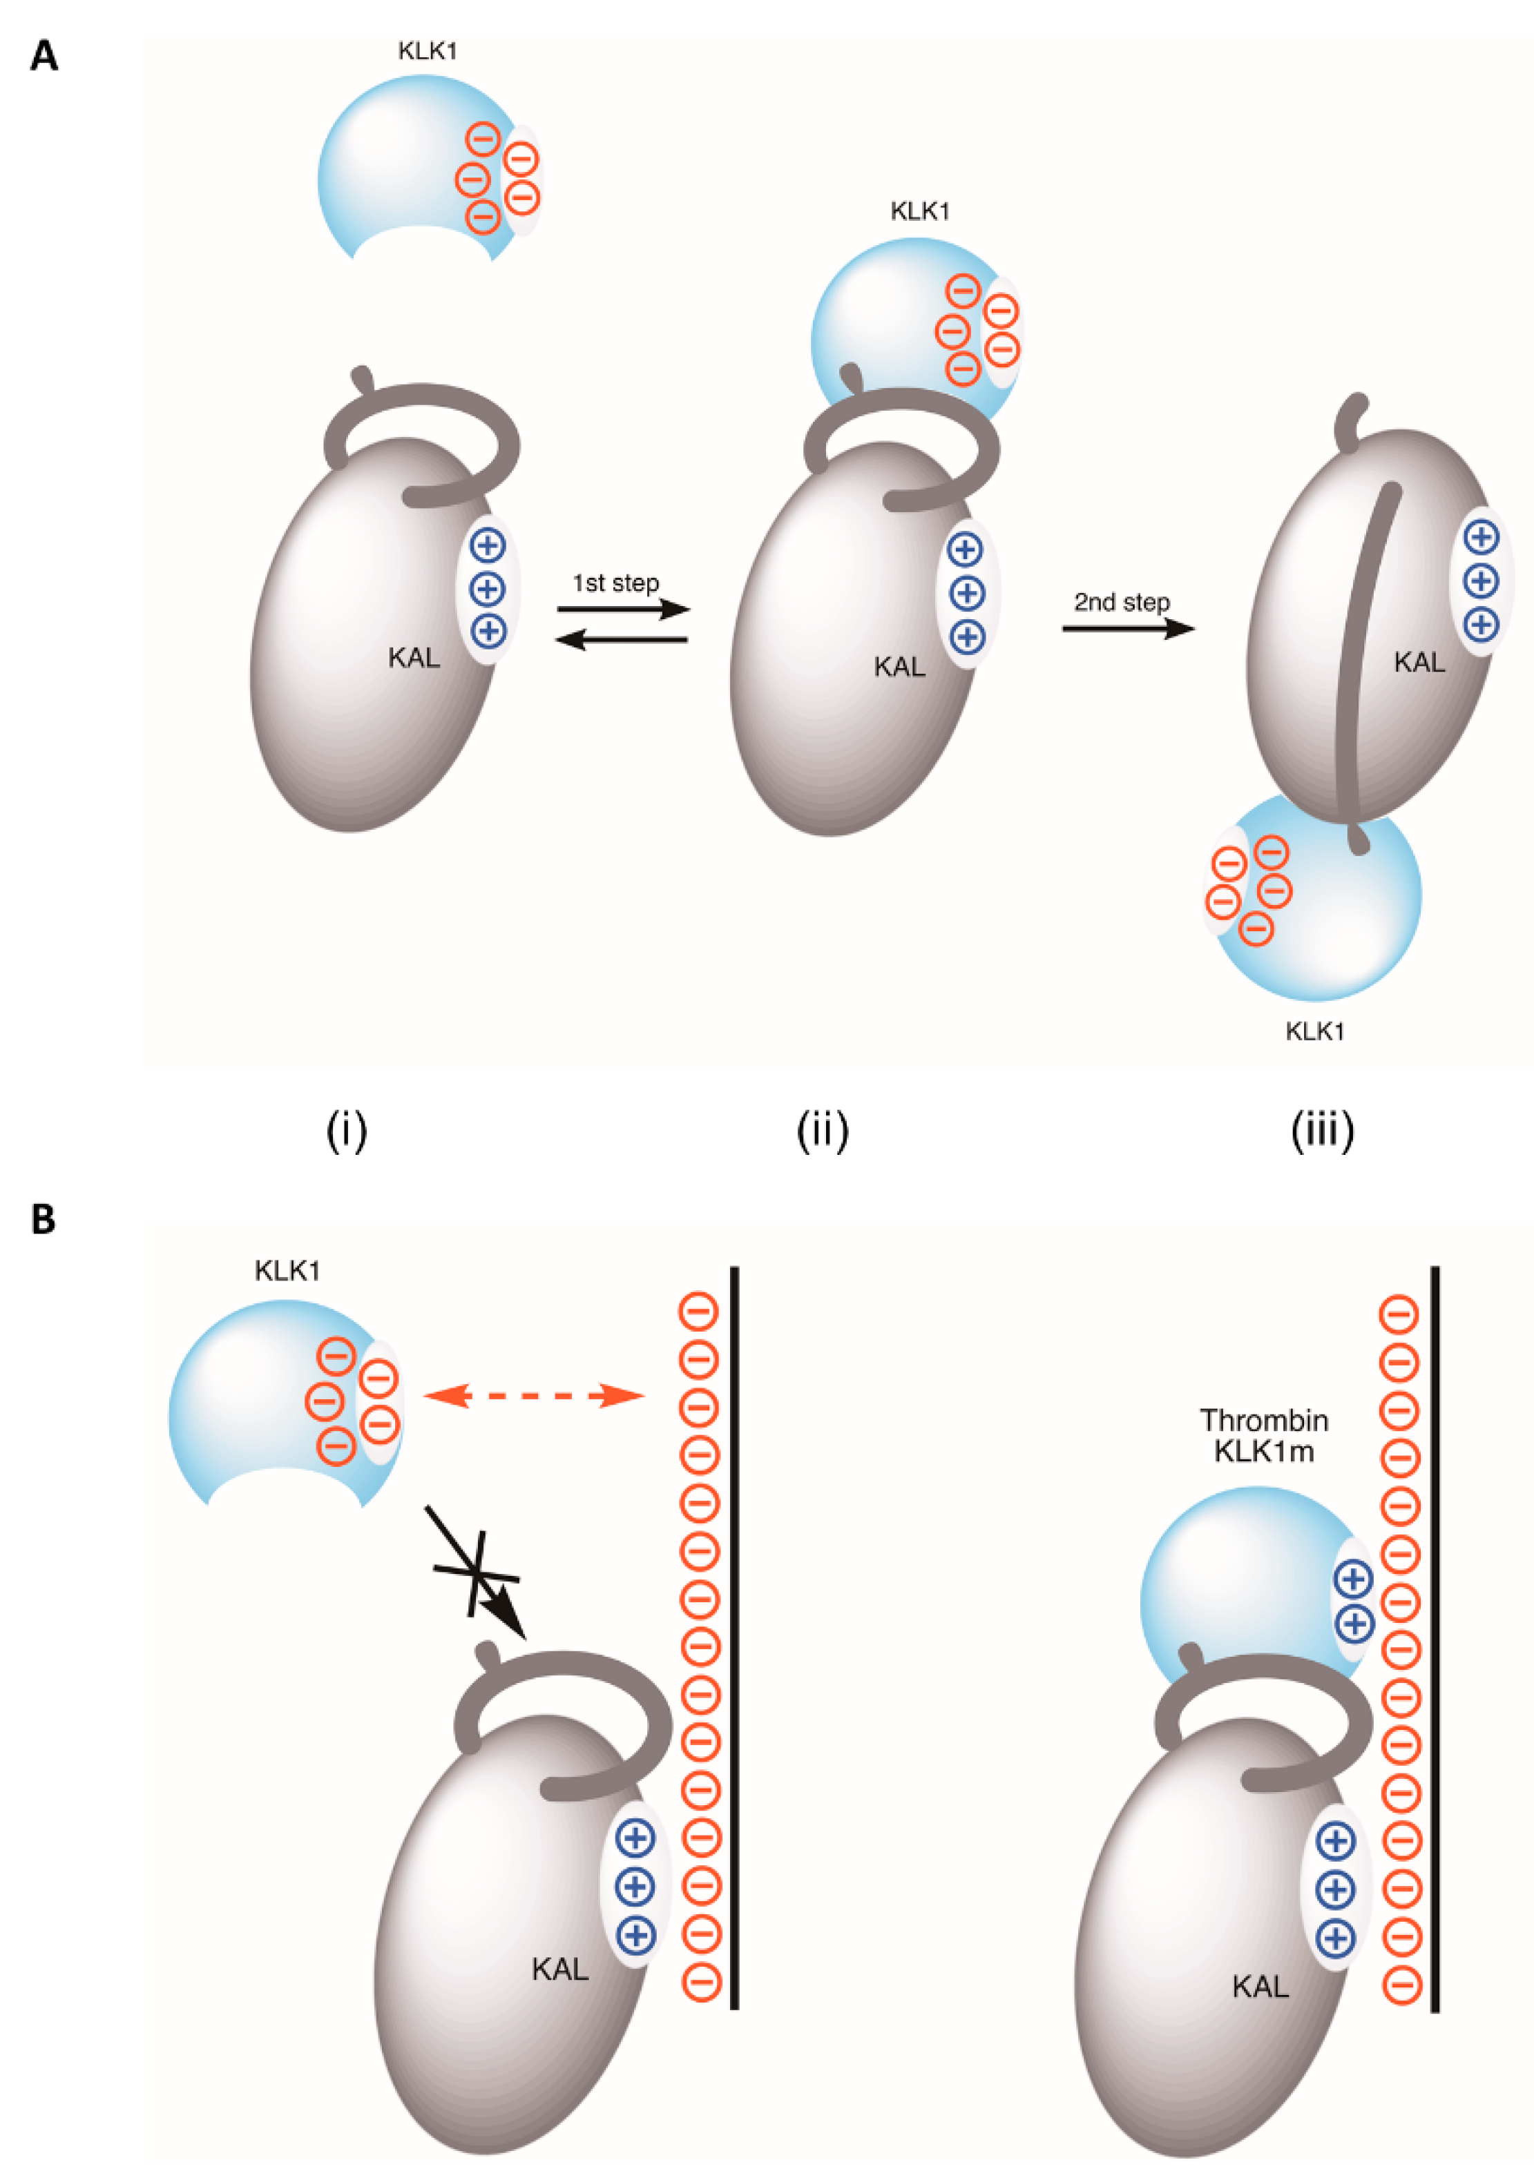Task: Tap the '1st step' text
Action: pos(615,583)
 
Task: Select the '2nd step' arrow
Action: pos(1126,627)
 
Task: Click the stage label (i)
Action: pos(346,1130)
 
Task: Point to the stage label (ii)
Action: pos(822,1130)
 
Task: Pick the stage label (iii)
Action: pos(1321,1130)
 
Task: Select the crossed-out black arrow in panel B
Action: pos(475,1573)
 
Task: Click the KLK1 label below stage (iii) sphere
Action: pos(1314,1031)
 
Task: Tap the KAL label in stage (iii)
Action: pos(1418,662)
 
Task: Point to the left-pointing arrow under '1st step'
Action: pos(620,641)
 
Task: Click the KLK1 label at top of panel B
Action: pos(287,1270)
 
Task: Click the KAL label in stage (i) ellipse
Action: pos(413,657)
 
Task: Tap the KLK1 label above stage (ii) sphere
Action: pos(919,211)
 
